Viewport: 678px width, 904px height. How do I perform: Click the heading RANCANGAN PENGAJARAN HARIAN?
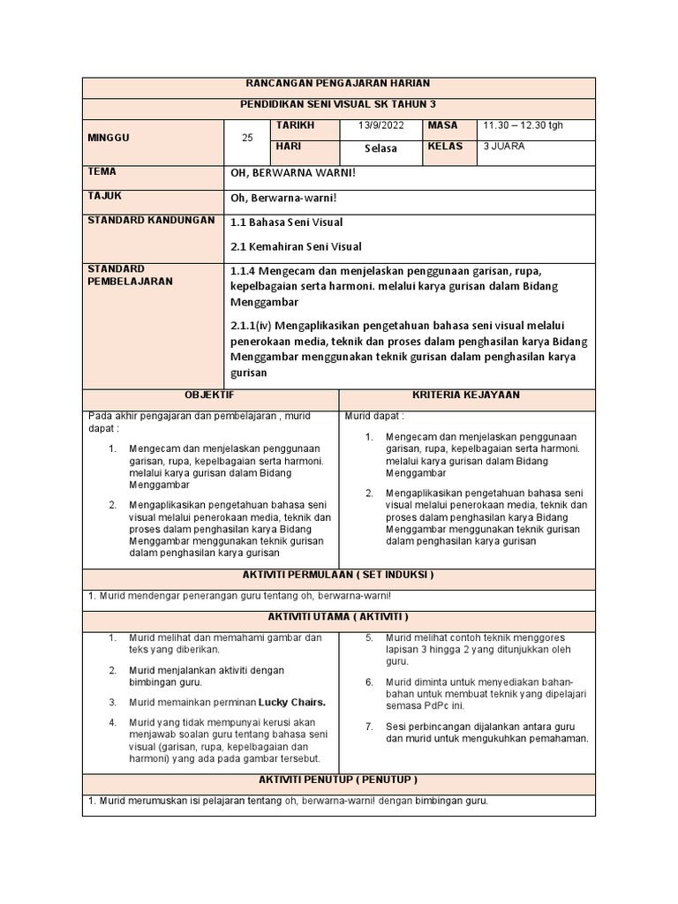tap(338, 83)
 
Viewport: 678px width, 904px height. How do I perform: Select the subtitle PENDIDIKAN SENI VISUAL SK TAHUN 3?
tap(338, 105)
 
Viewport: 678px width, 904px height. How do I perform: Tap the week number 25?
tap(247, 138)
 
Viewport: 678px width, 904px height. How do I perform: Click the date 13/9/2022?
tap(381, 126)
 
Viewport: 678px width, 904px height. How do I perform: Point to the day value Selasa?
tap(381, 148)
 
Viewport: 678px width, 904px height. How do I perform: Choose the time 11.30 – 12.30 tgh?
tap(523, 126)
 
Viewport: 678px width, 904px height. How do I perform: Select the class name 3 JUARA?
tap(505, 147)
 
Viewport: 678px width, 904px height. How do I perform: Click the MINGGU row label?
tap(108, 138)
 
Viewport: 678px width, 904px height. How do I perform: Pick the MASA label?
tap(443, 126)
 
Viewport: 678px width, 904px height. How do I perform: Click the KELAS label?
tap(445, 147)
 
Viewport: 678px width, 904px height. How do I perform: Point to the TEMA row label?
tap(102, 172)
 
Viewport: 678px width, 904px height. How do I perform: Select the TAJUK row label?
tap(105, 197)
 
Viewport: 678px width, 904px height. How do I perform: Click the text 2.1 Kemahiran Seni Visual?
tap(296, 246)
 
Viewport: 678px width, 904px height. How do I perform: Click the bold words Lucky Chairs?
tap(292, 703)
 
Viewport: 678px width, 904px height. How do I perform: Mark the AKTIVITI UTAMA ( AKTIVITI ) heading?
tap(338, 616)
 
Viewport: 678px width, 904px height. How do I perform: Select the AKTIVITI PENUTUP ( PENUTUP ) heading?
tap(338, 780)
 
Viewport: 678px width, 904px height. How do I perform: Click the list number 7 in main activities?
tap(369, 726)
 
